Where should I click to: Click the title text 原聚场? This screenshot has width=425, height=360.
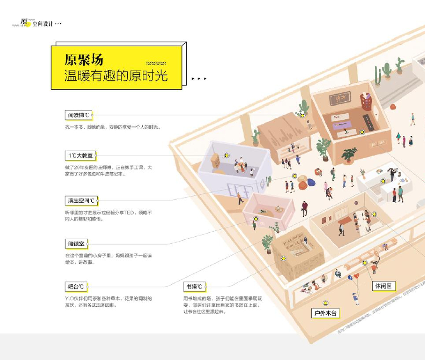(x=83, y=60)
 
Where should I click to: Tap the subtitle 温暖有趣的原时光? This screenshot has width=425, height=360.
(x=116, y=76)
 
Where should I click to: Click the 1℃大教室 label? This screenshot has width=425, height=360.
(x=81, y=156)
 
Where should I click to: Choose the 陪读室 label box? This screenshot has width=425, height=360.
(x=76, y=243)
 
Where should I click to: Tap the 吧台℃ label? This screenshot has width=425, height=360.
(x=76, y=287)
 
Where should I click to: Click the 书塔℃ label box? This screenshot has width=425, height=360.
(x=194, y=287)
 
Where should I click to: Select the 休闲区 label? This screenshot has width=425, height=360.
(x=383, y=286)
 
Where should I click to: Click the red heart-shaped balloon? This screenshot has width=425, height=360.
(x=356, y=276)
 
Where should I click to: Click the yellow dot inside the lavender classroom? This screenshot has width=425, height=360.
(x=227, y=155)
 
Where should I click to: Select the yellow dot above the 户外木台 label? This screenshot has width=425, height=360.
(x=325, y=304)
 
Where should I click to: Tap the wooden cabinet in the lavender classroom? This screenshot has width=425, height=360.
(x=215, y=160)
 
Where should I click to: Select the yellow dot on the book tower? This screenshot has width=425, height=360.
(x=284, y=258)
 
